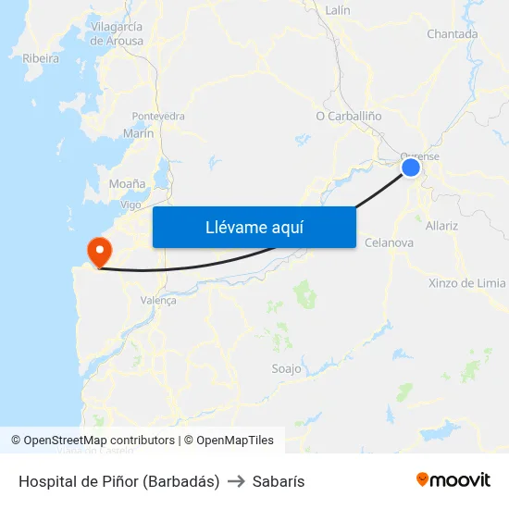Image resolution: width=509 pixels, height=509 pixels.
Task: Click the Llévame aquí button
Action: point(254,227)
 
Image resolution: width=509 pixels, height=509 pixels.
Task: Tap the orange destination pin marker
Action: point(98,251)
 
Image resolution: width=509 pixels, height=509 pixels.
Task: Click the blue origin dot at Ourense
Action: point(411,168)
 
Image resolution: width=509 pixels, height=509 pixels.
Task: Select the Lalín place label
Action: point(338,10)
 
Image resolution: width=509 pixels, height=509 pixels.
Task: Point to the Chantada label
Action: point(453,34)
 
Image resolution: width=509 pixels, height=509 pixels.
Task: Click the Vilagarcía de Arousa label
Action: point(117,34)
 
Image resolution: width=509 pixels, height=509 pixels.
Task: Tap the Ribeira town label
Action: point(41,58)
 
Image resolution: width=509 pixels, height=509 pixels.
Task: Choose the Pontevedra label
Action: point(158,117)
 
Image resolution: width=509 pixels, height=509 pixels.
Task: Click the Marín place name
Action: point(138,133)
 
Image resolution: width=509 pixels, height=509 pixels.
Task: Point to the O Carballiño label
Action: point(349,117)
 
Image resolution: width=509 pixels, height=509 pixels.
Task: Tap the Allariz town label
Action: point(441,225)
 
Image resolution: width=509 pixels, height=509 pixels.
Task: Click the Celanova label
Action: point(389,242)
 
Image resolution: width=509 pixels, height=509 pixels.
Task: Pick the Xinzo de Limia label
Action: point(467,283)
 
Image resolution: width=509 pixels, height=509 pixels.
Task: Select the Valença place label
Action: point(157,300)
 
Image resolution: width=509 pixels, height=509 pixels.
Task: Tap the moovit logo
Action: point(453,479)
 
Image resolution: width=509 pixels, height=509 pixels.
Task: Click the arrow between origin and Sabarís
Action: point(235,481)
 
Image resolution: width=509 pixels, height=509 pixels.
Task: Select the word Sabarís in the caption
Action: point(278,481)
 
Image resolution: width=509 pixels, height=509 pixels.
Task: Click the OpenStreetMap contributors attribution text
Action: point(93,441)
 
